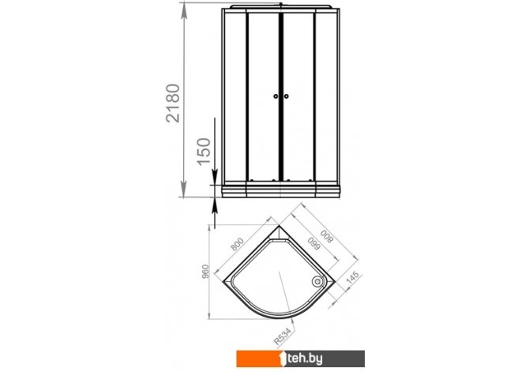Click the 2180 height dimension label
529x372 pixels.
coord(174,103)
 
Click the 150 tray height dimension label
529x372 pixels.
coord(204,152)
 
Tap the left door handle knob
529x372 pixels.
coord(276,96)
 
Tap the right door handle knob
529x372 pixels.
coord(286,96)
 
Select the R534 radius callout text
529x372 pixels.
coord(282,337)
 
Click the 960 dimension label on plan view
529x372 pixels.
coord(205,272)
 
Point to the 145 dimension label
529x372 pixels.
coord(353,279)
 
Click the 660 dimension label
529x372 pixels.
coord(313,243)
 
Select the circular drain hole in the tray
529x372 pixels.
coord(317,281)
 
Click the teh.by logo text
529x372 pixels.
coord(305,359)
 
